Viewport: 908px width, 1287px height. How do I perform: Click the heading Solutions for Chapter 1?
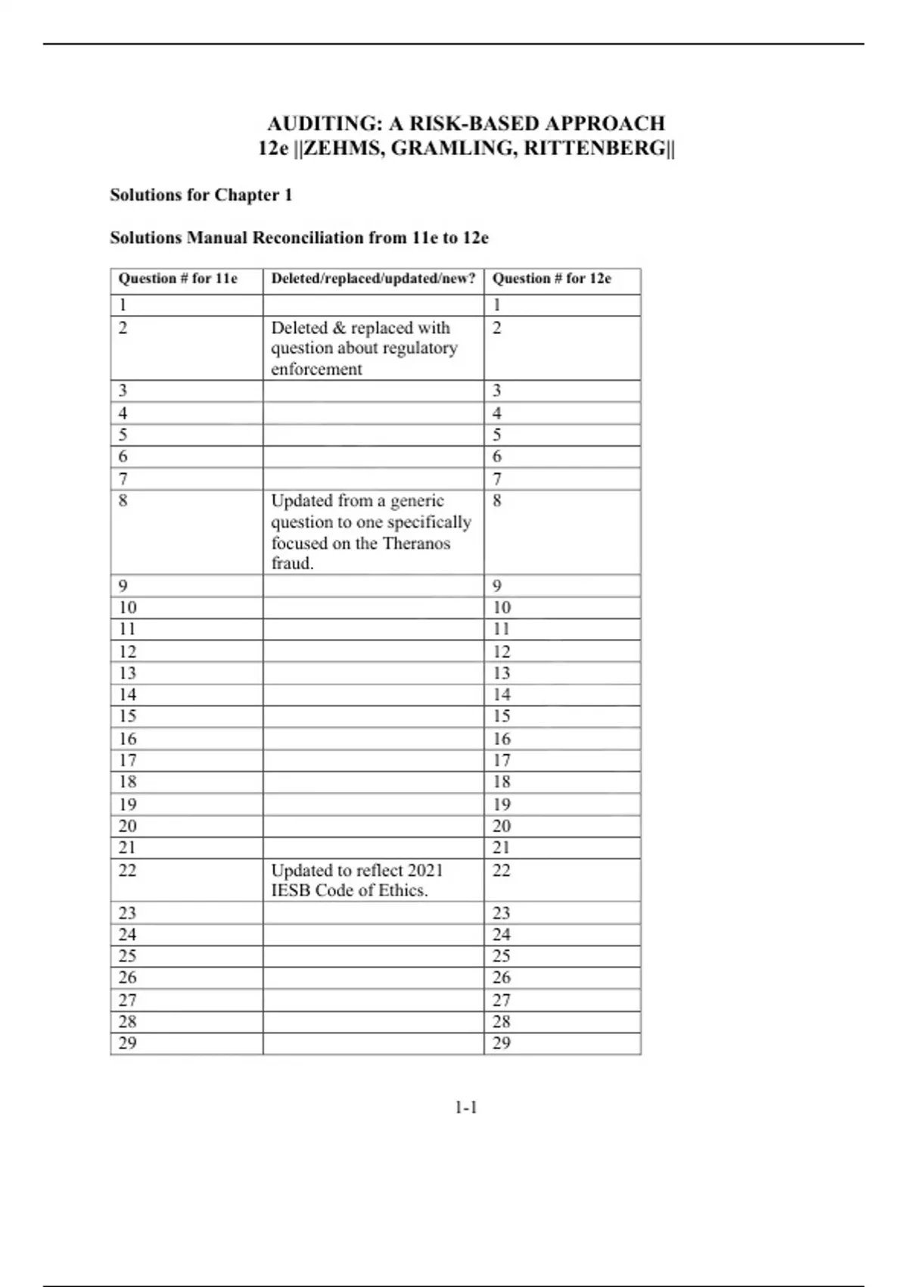[201, 195]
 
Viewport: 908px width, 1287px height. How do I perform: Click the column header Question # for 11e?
[178, 279]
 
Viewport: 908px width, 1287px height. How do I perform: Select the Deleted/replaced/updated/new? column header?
[373, 279]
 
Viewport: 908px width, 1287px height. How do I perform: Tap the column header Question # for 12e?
[552, 279]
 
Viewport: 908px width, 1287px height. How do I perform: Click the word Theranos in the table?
[416, 544]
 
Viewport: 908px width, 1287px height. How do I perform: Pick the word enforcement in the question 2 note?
[316, 369]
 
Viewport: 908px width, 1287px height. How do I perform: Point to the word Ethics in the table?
[405, 891]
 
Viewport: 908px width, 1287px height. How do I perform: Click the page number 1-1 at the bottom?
[466, 1108]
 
